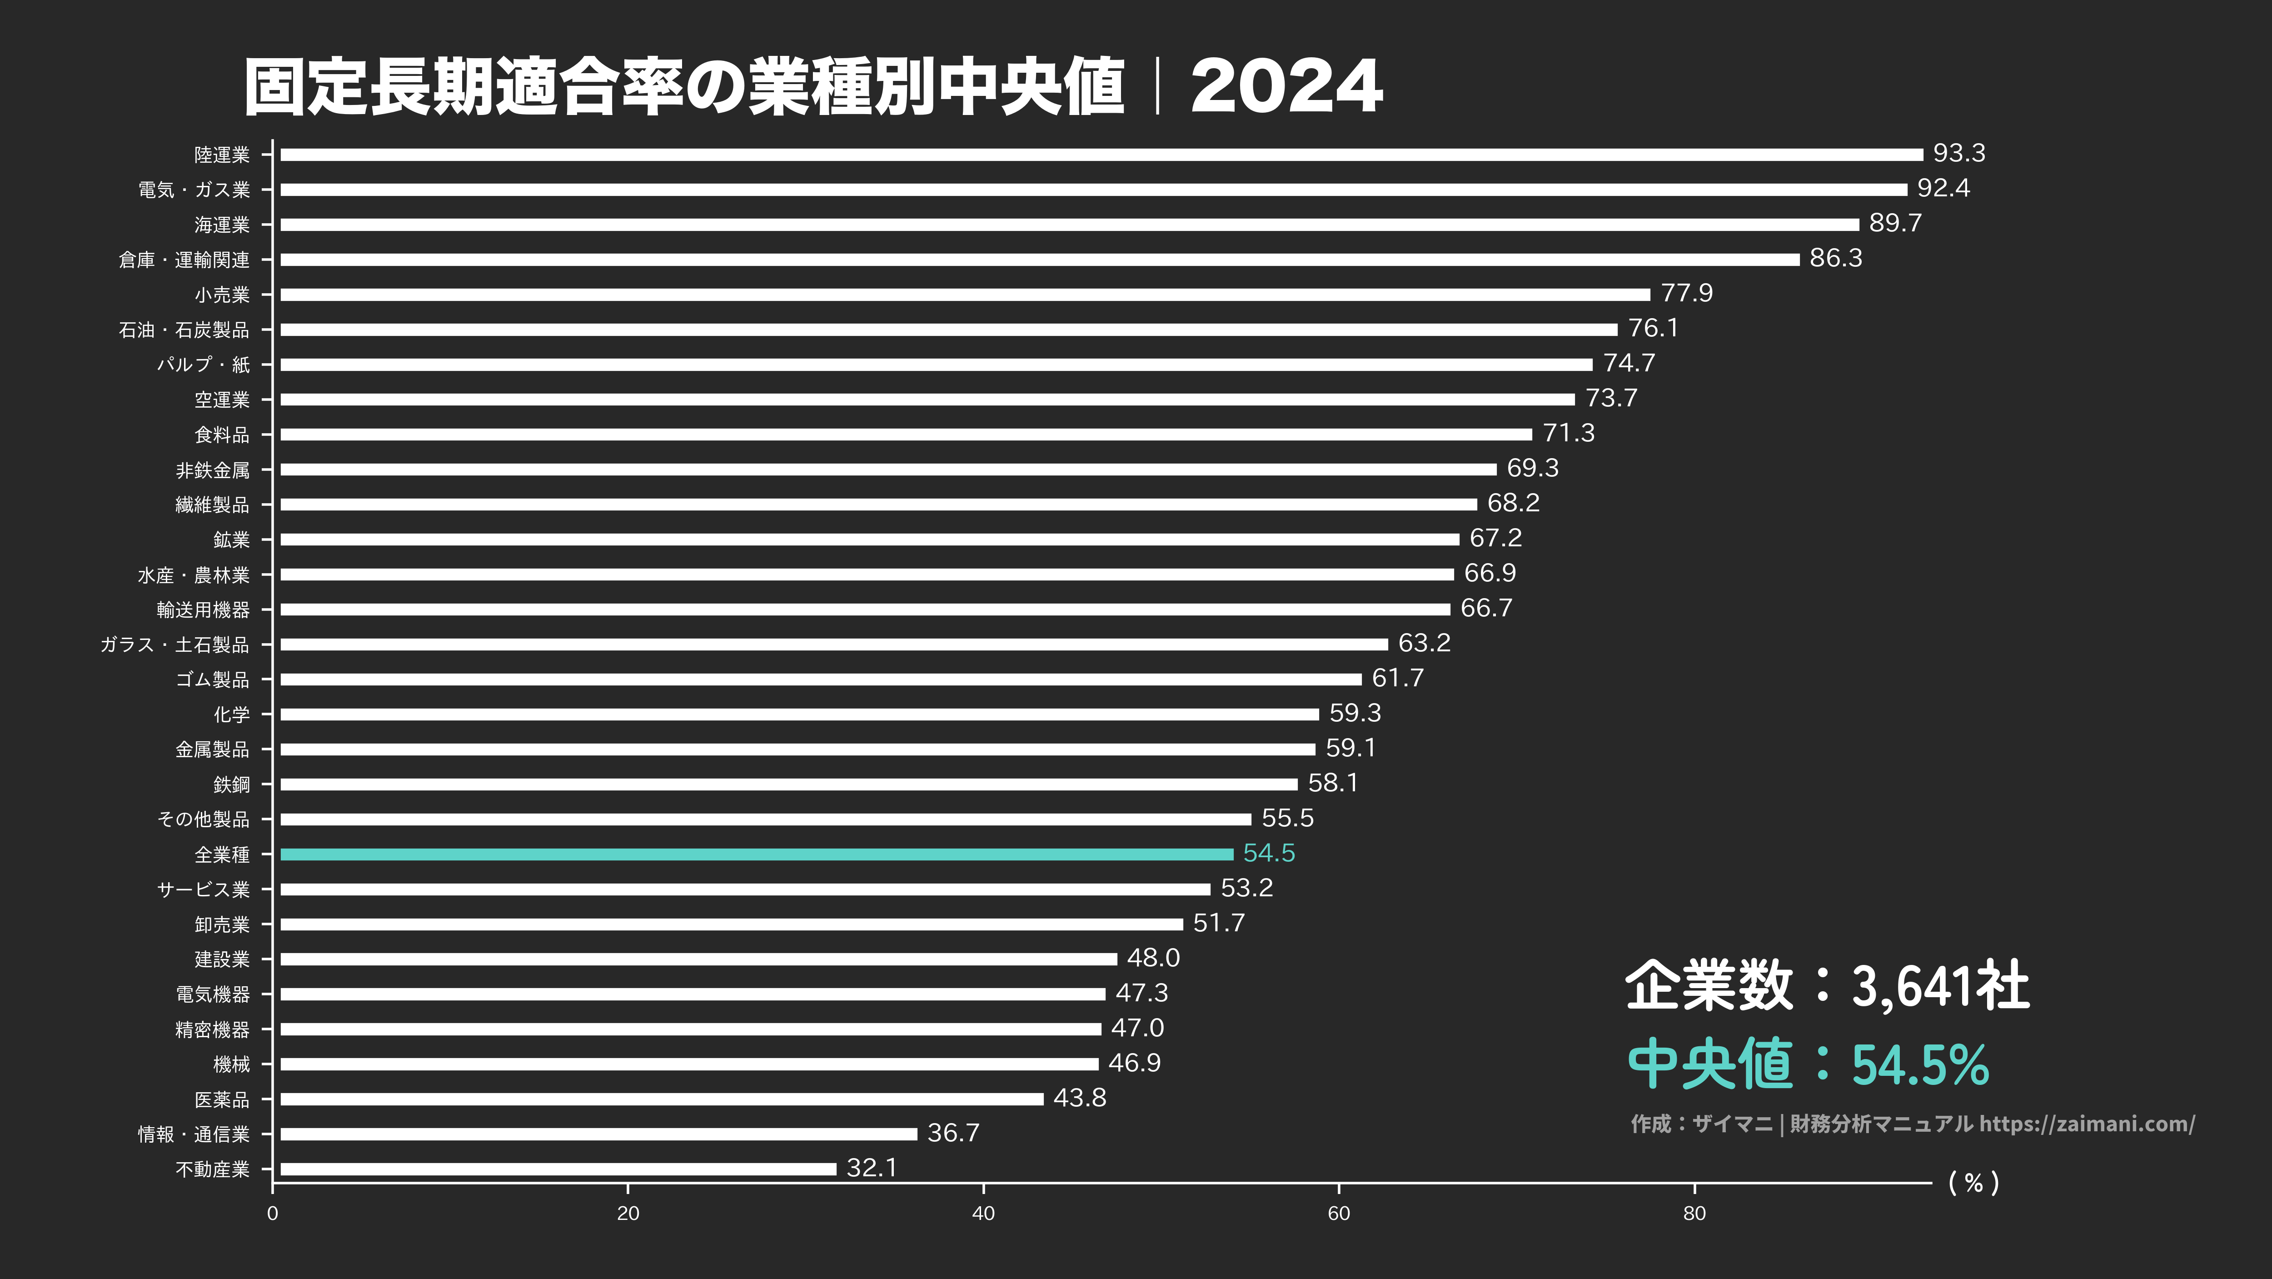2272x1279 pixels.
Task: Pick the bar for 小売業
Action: [964, 295]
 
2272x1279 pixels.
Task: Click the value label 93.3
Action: [1959, 154]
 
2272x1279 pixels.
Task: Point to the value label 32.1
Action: [872, 1168]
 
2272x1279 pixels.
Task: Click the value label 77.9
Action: [1686, 293]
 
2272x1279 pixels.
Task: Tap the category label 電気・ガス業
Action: [194, 190]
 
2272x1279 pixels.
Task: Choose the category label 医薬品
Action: [222, 1099]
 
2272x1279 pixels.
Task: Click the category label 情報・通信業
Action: [194, 1134]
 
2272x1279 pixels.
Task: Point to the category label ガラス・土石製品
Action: [174, 645]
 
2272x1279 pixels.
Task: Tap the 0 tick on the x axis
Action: [273, 1214]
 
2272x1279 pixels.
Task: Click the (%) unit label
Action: [1973, 1183]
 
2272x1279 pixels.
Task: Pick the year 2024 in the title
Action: [1286, 86]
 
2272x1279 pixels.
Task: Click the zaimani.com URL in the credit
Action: [2087, 1124]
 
